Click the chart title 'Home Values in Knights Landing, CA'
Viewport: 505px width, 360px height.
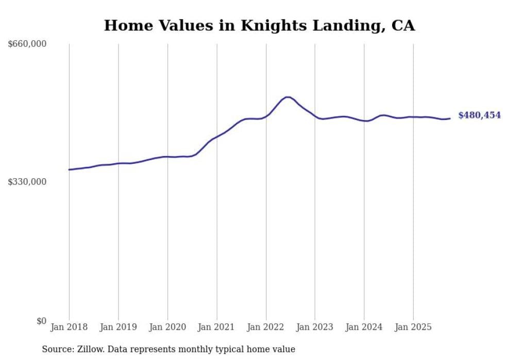tap(259, 25)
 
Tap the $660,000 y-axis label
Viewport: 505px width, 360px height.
tap(27, 44)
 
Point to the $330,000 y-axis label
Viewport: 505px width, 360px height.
tap(27, 182)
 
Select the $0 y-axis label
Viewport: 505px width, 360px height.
tap(41, 321)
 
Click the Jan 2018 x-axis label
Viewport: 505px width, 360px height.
tap(69, 327)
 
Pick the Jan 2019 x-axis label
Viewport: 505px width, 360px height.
tap(119, 327)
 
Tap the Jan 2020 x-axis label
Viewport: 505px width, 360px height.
tap(167, 327)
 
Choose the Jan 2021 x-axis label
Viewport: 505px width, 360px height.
tap(216, 327)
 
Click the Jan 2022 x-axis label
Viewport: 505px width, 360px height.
tap(266, 327)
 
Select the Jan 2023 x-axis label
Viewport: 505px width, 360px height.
tap(315, 327)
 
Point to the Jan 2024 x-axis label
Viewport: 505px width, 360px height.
tap(364, 327)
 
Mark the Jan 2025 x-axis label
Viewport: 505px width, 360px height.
tap(413, 327)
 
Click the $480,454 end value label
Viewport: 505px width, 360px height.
tap(479, 115)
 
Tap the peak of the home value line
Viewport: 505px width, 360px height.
tap(287, 97)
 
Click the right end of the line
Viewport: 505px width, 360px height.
tap(450, 118)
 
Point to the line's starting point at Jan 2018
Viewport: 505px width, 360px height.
tap(69, 169)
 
